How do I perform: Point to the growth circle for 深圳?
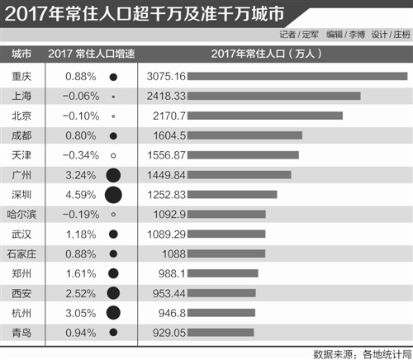114,195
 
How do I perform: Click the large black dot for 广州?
114,175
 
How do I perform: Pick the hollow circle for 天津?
114,155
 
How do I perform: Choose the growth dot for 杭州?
114,313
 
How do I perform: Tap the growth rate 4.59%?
82,195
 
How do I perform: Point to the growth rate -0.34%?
80,155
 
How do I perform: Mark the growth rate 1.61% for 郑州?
82,274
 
